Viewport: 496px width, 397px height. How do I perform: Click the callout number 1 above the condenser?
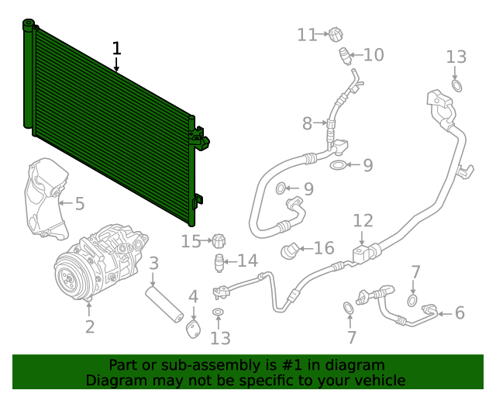point(116,48)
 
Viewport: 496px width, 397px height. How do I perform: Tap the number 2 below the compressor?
point(90,326)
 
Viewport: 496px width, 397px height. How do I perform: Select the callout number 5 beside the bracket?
point(79,204)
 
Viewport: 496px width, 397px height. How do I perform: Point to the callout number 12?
point(363,221)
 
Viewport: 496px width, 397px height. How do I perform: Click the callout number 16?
point(323,248)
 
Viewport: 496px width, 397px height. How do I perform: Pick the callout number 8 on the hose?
point(307,123)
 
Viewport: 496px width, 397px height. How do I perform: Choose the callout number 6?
point(459,312)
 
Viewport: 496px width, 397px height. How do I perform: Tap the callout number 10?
point(373,55)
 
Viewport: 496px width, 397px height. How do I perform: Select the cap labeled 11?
point(335,35)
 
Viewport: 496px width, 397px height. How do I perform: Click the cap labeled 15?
point(218,241)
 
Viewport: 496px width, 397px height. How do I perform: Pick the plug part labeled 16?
point(290,250)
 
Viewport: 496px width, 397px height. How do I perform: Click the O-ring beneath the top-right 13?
point(457,85)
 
